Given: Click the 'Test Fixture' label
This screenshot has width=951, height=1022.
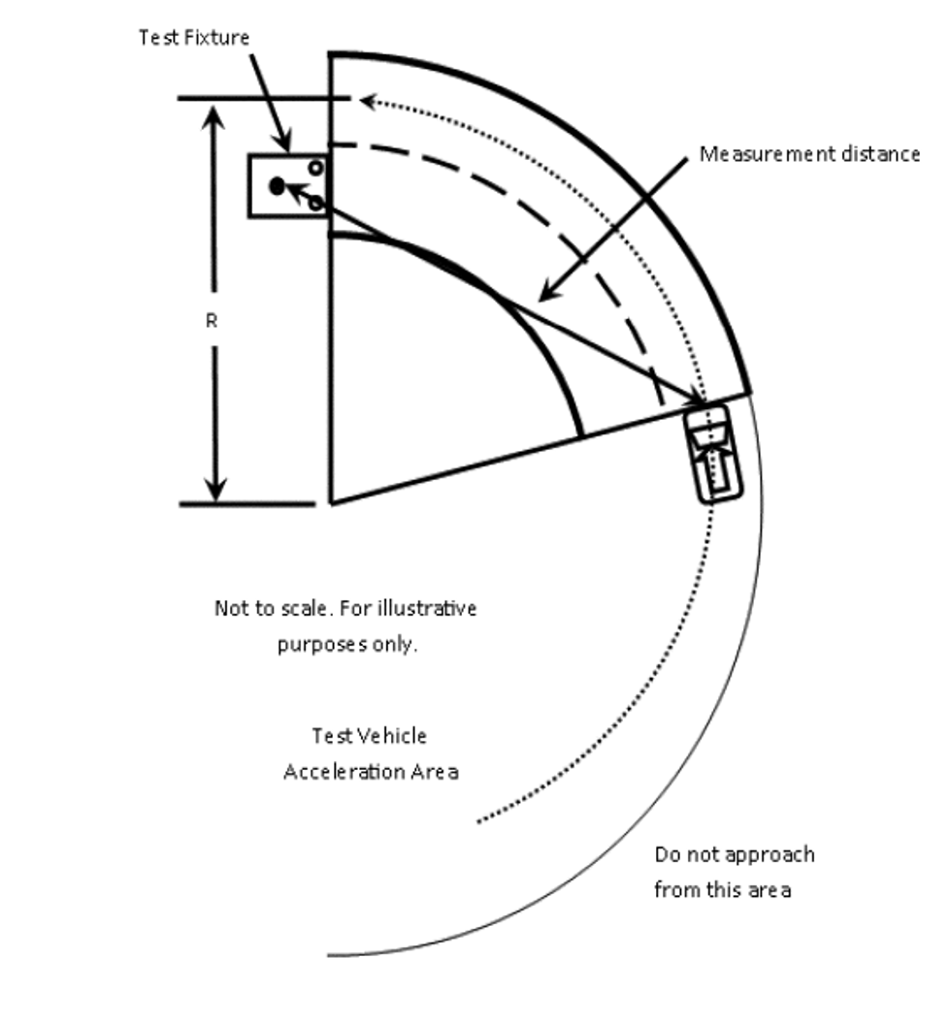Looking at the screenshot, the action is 194,38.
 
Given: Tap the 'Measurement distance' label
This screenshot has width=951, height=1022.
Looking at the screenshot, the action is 809,154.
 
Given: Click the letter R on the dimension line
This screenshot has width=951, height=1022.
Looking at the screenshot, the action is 212,321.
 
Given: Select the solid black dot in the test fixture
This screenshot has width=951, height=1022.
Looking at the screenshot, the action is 278,186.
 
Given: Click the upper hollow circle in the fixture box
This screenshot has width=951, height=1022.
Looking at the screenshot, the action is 315,168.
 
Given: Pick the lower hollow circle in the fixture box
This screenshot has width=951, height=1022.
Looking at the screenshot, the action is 315,203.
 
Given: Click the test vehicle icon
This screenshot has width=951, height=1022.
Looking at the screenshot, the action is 713,454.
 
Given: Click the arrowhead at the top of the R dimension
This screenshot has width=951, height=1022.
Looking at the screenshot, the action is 213,117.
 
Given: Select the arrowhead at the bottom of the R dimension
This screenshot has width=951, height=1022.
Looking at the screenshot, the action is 215,489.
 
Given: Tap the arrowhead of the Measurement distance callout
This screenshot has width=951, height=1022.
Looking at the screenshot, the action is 549,292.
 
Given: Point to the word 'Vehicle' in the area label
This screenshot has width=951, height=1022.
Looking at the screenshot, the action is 393,736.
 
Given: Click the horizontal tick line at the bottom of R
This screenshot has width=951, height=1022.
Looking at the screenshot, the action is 247,504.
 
